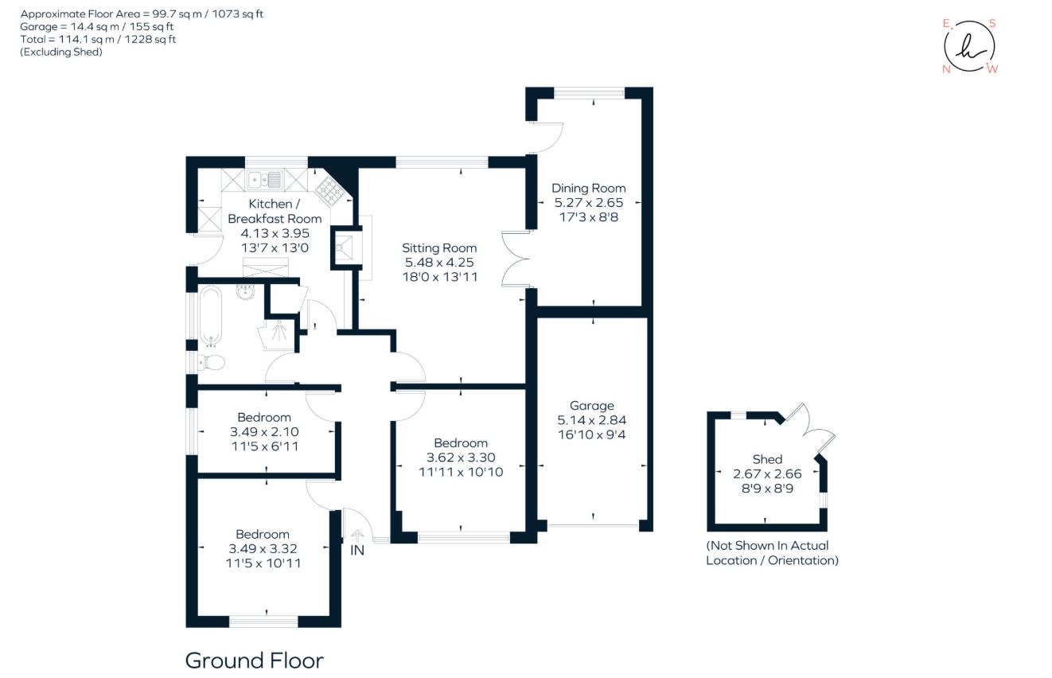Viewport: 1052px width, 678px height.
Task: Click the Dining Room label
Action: (589, 189)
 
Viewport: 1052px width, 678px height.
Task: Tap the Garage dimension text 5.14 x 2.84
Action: (591, 420)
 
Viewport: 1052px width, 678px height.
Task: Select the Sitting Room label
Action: (439, 248)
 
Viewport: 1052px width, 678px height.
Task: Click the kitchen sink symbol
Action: (264, 179)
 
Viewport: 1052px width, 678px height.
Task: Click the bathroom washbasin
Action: (246, 293)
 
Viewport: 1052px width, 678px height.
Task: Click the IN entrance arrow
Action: (357, 538)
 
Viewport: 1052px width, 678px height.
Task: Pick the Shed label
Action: (767, 459)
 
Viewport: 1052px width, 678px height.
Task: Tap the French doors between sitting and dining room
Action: (514, 259)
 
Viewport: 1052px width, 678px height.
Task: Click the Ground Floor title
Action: (254, 660)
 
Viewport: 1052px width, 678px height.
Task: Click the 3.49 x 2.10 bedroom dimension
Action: (263, 431)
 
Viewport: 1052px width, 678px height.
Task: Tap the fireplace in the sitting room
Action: (346, 248)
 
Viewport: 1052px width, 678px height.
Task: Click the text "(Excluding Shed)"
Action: (61, 52)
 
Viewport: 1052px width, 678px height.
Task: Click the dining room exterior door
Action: (547, 137)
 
